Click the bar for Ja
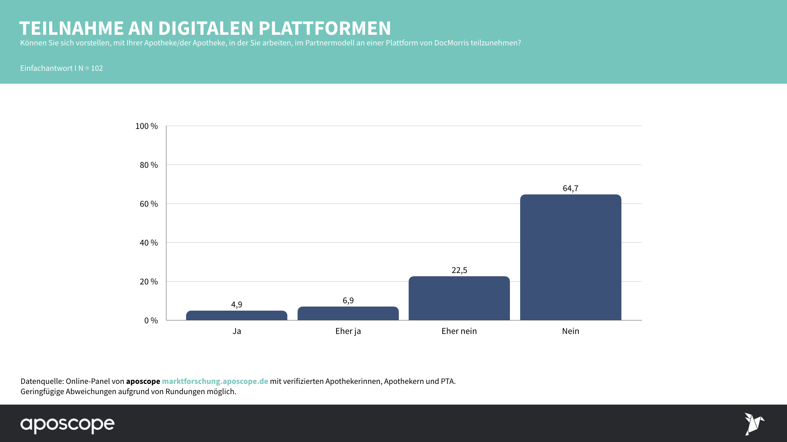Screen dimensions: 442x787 tap(237, 316)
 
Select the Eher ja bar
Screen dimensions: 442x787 tap(348, 313)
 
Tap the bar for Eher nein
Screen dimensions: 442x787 tap(459, 298)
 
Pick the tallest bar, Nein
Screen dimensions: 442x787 tap(571, 257)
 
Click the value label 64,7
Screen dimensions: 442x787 tap(571, 188)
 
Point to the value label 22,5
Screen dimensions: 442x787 tap(459, 270)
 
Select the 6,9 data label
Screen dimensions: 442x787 tap(348, 300)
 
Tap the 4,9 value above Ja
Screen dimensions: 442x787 tap(237, 304)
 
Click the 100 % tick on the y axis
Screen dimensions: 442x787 tap(146, 126)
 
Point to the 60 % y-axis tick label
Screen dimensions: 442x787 tap(148, 204)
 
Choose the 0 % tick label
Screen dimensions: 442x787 tap(151, 320)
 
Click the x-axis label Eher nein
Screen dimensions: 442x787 tap(459, 331)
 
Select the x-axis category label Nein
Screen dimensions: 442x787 tap(571, 331)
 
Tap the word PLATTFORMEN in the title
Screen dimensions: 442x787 tap(325, 28)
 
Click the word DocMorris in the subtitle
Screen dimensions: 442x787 tap(451, 43)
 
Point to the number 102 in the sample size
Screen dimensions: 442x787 tap(97, 68)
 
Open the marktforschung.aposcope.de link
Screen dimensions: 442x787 tap(215, 381)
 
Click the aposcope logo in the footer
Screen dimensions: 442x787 tap(68, 424)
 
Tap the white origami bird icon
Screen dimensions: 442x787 tap(754, 424)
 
